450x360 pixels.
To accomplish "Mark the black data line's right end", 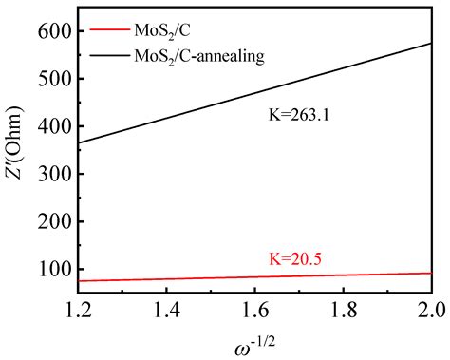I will (431, 43).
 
